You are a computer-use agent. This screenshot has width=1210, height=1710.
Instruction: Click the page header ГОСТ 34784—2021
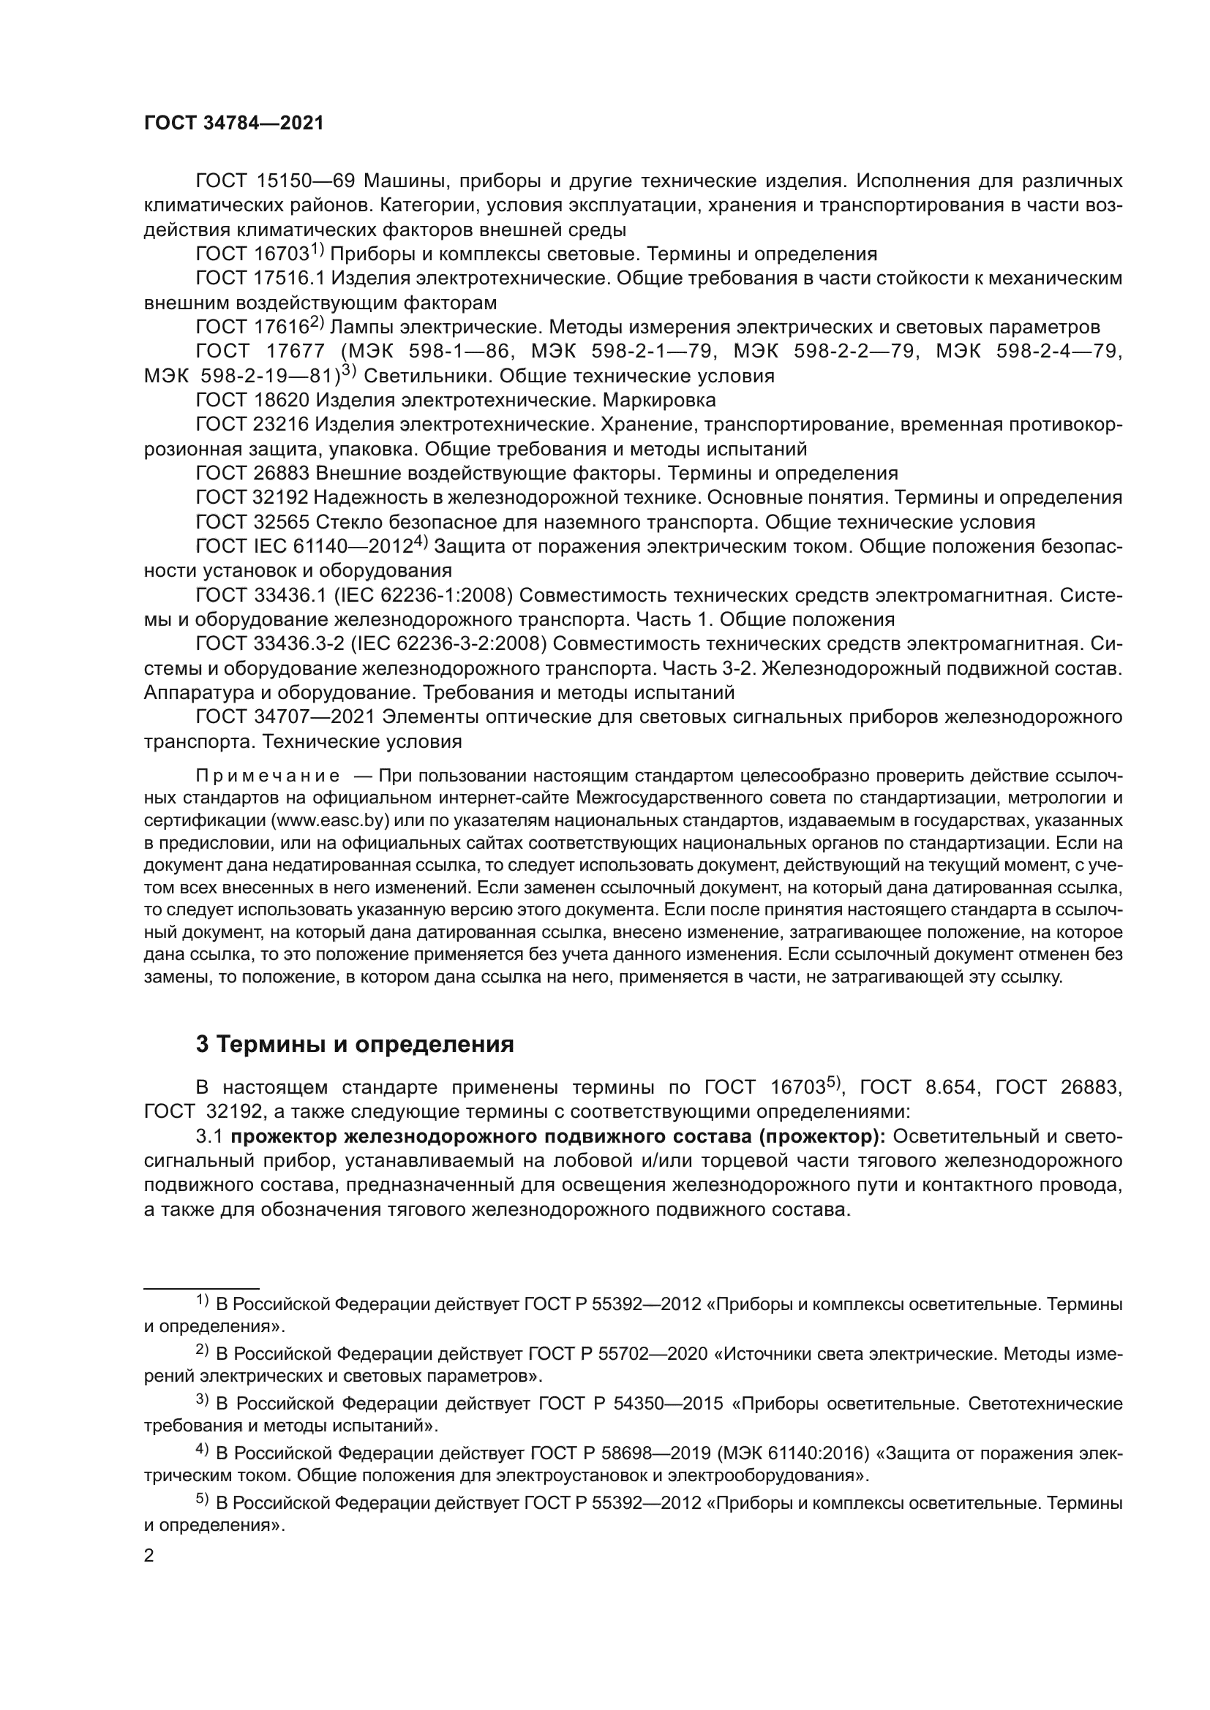[x=234, y=124]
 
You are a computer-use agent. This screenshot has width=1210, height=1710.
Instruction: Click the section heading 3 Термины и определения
[x=355, y=1044]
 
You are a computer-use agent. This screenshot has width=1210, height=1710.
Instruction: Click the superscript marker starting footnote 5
[x=203, y=1501]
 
